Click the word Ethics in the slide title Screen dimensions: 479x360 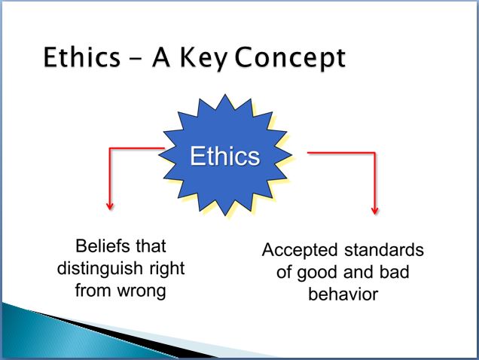tap(82, 56)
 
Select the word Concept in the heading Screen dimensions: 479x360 tap(290, 58)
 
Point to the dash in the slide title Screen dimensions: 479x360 tap(136, 57)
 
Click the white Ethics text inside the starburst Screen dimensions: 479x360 tap(225, 156)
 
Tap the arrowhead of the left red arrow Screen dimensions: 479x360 tap(110, 206)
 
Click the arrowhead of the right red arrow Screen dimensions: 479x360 tap(375, 211)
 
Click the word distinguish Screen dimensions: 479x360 tap(99, 269)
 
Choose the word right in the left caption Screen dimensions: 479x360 tap(167, 269)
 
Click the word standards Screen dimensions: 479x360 tap(384, 249)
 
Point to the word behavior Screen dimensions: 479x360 tap(343, 294)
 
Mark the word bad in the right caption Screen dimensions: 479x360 tap(394, 272)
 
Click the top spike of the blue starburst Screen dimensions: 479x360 tap(225, 96)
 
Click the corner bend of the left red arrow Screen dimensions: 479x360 tap(110, 148)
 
